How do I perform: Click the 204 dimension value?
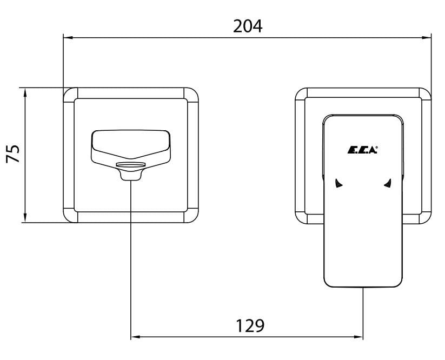click(248, 26)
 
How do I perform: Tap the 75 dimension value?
click(14, 154)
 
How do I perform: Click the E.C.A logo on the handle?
click(362, 150)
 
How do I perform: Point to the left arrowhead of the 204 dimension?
click(68, 37)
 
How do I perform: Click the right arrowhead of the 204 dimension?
click(427, 37)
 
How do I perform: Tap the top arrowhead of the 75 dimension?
click(25, 93)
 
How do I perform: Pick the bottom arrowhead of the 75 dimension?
click(25, 218)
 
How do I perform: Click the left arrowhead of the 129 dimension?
click(136, 337)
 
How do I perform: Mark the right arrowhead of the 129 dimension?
click(358, 337)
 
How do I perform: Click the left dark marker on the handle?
click(338, 183)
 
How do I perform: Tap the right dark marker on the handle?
click(388, 183)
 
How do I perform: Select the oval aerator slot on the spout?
click(130, 164)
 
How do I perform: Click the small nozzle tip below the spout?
click(130, 176)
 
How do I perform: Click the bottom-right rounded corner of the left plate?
click(194, 218)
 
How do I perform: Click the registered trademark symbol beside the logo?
click(377, 148)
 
